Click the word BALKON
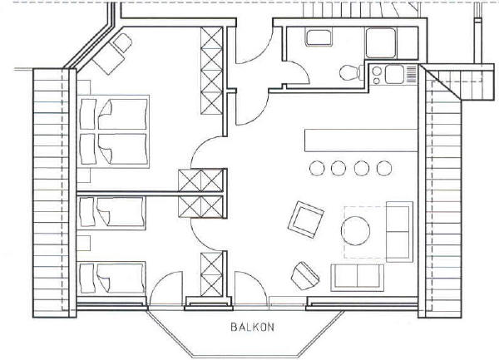click(252, 327)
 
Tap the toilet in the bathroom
click(351, 72)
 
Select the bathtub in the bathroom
click(319, 37)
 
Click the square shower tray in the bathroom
click(381, 43)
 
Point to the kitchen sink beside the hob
click(394, 74)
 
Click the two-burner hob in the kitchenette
click(377, 76)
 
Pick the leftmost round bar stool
click(317, 168)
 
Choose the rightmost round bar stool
click(384, 168)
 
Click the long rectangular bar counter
click(361, 141)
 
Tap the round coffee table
click(355, 230)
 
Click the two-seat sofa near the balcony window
click(357, 278)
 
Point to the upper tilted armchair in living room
click(306, 219)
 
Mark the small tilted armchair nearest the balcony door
click(305, 276)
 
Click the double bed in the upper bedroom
click(114, 131)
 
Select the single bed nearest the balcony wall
click(111, 278)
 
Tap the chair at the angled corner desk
click(122, 43)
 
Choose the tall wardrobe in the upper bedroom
click(211, 71)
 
